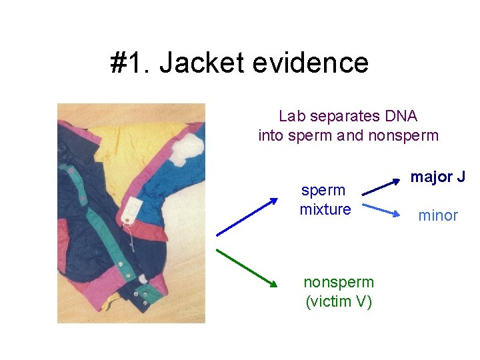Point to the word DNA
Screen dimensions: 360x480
tap(401, 116)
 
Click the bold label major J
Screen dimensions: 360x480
tap(437, 177)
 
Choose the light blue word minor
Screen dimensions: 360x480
tap(437, 215)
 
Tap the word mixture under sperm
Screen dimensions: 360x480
tap(325, 209)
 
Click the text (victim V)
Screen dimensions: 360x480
tap(339, 301)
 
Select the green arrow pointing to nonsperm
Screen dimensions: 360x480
tap(246, 267)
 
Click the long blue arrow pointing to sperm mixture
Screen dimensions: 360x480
tap(246, 216)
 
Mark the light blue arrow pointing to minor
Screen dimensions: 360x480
tap(381, 209)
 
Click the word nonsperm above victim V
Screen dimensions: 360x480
tap(339, 282)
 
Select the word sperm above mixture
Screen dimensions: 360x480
tap(323, 190)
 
